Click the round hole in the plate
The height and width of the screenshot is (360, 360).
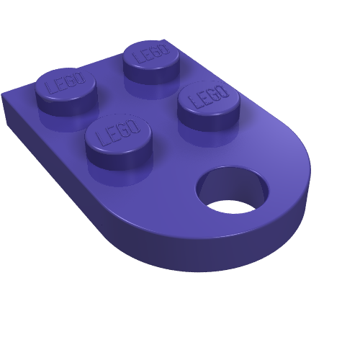coord(233,189)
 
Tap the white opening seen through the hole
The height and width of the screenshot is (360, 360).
coord(231,207)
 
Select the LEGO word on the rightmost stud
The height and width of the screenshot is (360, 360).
coord(208,96)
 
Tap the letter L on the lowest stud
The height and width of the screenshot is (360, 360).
coord(102,138)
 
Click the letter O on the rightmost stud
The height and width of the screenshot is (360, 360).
coord(222,91)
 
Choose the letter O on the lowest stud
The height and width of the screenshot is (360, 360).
coord(133,126)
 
